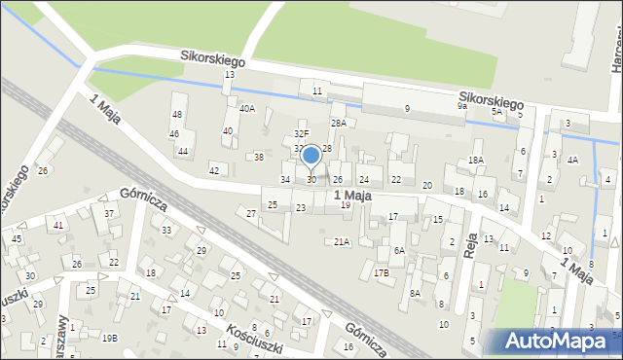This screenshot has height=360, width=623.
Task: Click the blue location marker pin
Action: [x=311, y=156]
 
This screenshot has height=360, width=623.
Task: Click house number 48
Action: [x=177, y=98]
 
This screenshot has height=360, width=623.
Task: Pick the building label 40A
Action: [x=247, y=109]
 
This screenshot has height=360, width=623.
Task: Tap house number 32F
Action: [x=302, y=134]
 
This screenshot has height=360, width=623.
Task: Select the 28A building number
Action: [x=338, y=124]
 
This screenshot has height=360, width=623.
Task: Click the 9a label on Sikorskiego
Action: [x=462, y=107]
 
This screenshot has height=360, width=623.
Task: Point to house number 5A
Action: [x=496, y=113]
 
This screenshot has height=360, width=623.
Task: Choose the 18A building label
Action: [x=476, y=160]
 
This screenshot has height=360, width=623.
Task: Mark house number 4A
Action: [x=572, y=160]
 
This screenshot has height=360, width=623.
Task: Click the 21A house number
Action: [x=342, y=241]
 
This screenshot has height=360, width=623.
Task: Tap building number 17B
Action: [x=381, y=273]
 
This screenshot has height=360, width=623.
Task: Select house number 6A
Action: [x=399, y=250]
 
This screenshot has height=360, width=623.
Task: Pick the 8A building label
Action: [x=415, y=293]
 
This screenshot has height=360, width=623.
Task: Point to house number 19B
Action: [x=110, y=338]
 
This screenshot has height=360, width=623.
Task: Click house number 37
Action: [x=109, y=214]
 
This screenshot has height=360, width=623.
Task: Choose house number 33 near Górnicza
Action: [x=166, y=231]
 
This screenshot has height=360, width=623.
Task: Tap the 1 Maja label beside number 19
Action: [x=352, y=197]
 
